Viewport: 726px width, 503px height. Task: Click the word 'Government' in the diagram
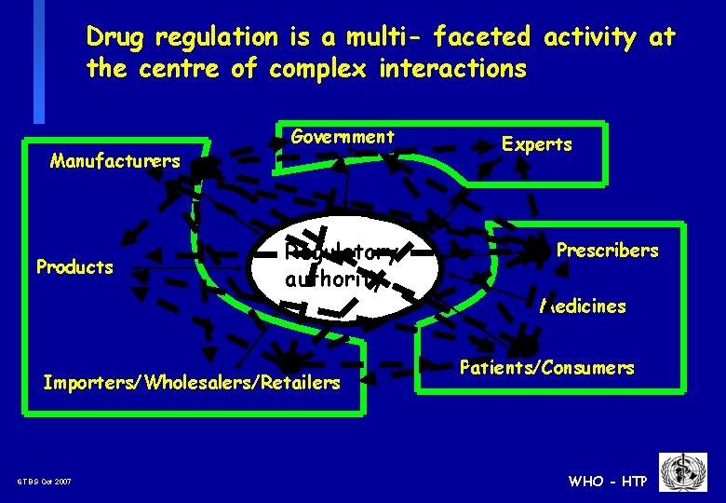[x=343, y=137]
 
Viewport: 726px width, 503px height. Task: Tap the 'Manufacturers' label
[x=114, y=161]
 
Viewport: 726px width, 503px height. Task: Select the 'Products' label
[x=74, y=267]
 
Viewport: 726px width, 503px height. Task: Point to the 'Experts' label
[x=537, y=144]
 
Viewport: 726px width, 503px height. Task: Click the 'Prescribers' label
[x=607, y=250]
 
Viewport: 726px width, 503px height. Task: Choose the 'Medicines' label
[x=585, y=306]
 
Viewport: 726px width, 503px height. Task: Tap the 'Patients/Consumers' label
[x=546, y=368]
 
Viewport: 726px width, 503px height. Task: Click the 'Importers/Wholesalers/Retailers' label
[x=192, y=383]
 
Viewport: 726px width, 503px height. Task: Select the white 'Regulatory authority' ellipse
[x=344, y=265]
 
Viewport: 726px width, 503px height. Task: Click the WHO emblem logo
[x=683, y=471]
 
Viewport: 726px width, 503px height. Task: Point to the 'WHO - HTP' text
[x=608, y=482]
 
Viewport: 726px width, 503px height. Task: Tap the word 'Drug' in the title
[x=116, y=37]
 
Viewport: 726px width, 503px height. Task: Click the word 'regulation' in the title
[x=216, y=37]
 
